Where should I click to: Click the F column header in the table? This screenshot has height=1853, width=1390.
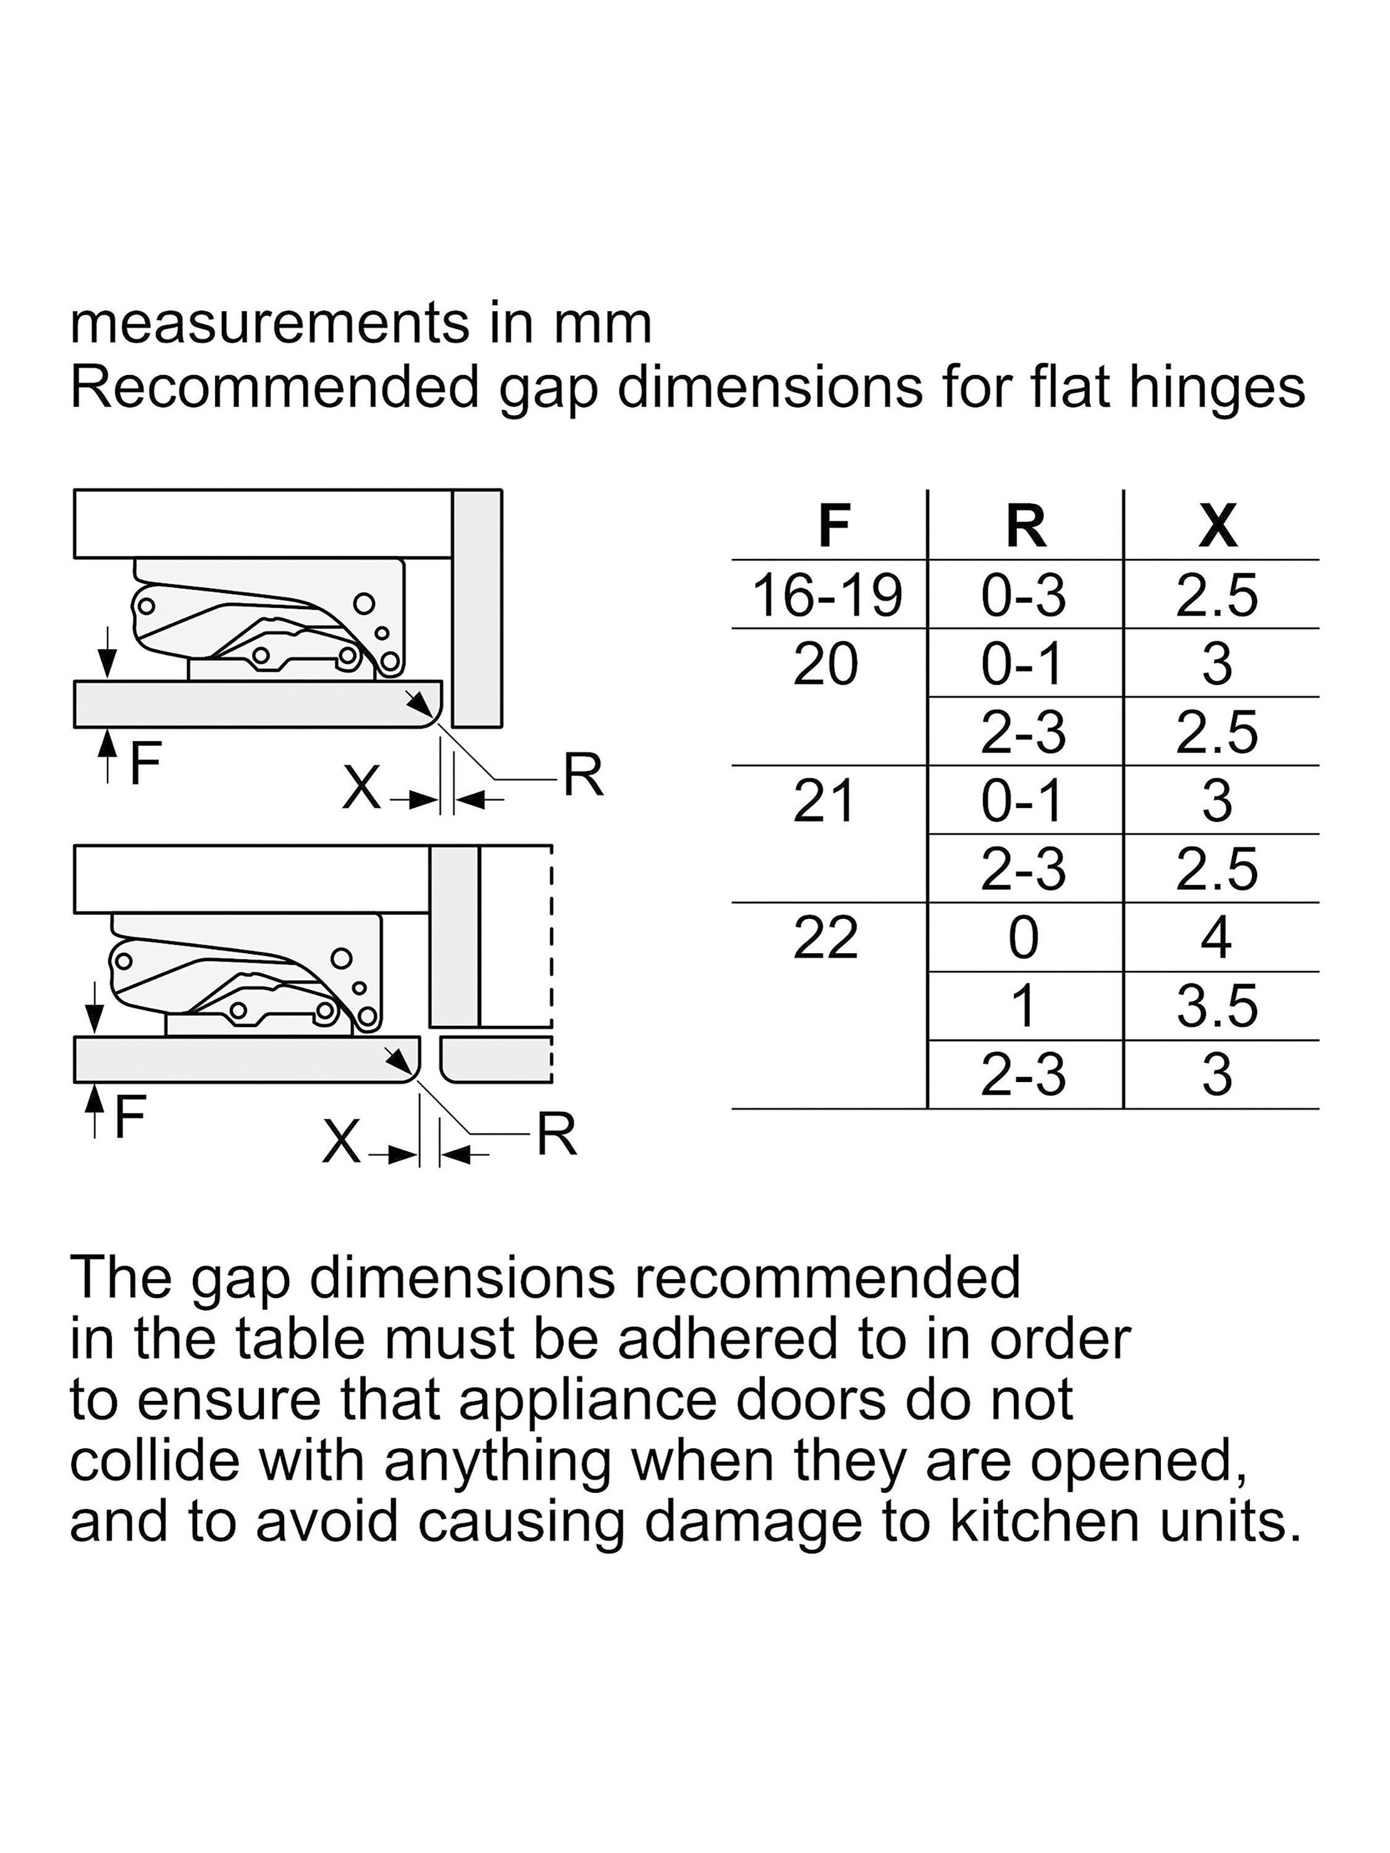(833, 526)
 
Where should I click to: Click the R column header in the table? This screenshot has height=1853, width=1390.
(1026, 526)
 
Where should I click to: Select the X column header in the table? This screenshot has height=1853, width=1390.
(1218, 526)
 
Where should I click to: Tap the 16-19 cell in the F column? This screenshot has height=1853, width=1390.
(828, 595)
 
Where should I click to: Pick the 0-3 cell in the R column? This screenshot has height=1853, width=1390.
(1024, 595)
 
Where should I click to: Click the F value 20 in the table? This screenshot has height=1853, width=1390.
(826, 664)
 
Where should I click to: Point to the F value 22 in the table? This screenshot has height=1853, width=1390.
(826, 938)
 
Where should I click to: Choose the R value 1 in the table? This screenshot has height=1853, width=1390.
(1022, 1006)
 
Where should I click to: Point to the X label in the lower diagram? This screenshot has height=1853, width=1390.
(341, 1142)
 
